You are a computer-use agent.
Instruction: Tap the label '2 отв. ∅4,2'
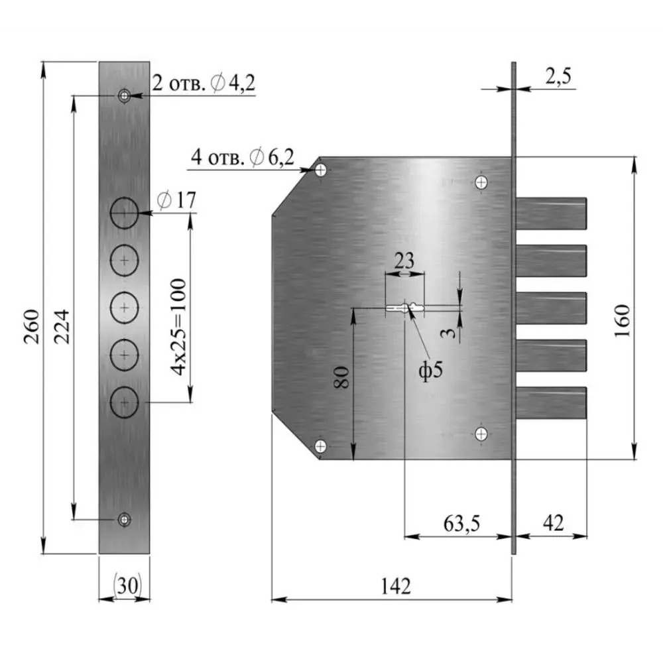(x=204, y=83)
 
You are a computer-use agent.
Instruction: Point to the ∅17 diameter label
(x=177, y=200)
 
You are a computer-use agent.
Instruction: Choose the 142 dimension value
(x=396, y=586)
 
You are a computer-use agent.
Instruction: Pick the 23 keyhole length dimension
(x=405, y=261)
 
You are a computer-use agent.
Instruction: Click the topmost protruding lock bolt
(x=552, y=213)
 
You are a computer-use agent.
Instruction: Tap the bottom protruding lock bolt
(x=552, y=402)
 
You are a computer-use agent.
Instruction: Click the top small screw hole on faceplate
(x=124, y=96)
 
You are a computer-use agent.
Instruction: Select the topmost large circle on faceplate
(x=124, y=213)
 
